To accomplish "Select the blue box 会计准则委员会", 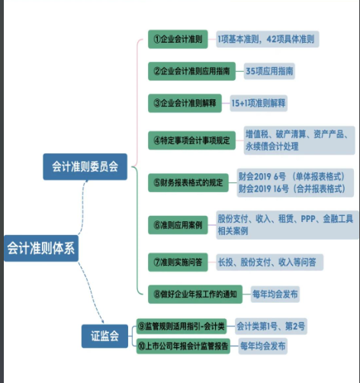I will pos(84,167).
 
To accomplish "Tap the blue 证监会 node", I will pos(104,336).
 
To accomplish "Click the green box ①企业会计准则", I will pos(178,40).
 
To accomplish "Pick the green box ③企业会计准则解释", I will pos(185,102).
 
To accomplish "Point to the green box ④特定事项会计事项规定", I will pos(191,140).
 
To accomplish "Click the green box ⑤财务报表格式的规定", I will pos(189,183).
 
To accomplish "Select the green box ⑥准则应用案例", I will pos(178,225).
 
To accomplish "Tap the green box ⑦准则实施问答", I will pos(178,262).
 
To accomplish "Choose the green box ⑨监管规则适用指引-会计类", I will pos(182,327).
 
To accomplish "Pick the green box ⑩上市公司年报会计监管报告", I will pos(185,346).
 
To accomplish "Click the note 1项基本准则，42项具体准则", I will pos(267,39).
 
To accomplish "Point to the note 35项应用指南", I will pos(269,71).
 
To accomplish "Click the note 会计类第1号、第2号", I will pos(270,327).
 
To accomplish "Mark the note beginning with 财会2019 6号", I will pos(291,182).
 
